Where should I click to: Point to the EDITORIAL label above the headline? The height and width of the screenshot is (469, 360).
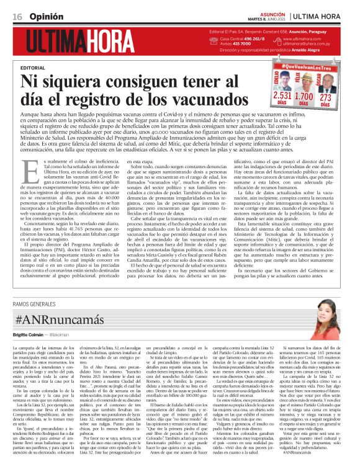pyautogui.click(x=33, y=67)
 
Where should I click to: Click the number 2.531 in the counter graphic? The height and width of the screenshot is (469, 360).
pyautogui.click(x=282, y=96)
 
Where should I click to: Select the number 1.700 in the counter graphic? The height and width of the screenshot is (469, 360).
pyautogui.click(x=304, y=96)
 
